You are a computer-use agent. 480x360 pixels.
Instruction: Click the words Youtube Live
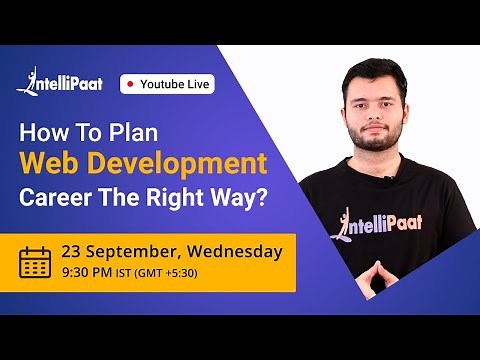175,84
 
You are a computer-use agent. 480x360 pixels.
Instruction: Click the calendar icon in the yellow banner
36,261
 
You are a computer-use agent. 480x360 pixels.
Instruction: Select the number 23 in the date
72,250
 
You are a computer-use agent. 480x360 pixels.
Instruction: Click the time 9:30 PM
87,272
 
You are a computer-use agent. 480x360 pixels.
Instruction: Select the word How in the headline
43,132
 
